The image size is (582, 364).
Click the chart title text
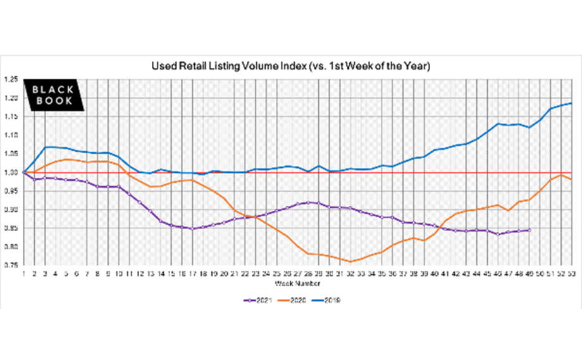(290, 66)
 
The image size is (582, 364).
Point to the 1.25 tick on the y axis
(10, 80)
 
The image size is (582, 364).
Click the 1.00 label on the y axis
(10, 173)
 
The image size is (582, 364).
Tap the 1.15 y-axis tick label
(10, 117)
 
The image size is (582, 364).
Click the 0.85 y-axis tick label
(10, 229)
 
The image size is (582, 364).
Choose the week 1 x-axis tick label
(23, 273)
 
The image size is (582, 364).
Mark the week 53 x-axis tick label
(571, 273)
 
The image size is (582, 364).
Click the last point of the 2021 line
(529, 230)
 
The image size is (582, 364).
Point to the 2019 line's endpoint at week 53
(571, 103)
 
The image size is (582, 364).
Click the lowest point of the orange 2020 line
(350, 261)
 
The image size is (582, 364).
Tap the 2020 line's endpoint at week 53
(571, 179)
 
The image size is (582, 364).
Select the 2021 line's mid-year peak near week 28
(307, 202)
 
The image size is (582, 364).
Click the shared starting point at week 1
(23, 172)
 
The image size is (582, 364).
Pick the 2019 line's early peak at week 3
(44, 147)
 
